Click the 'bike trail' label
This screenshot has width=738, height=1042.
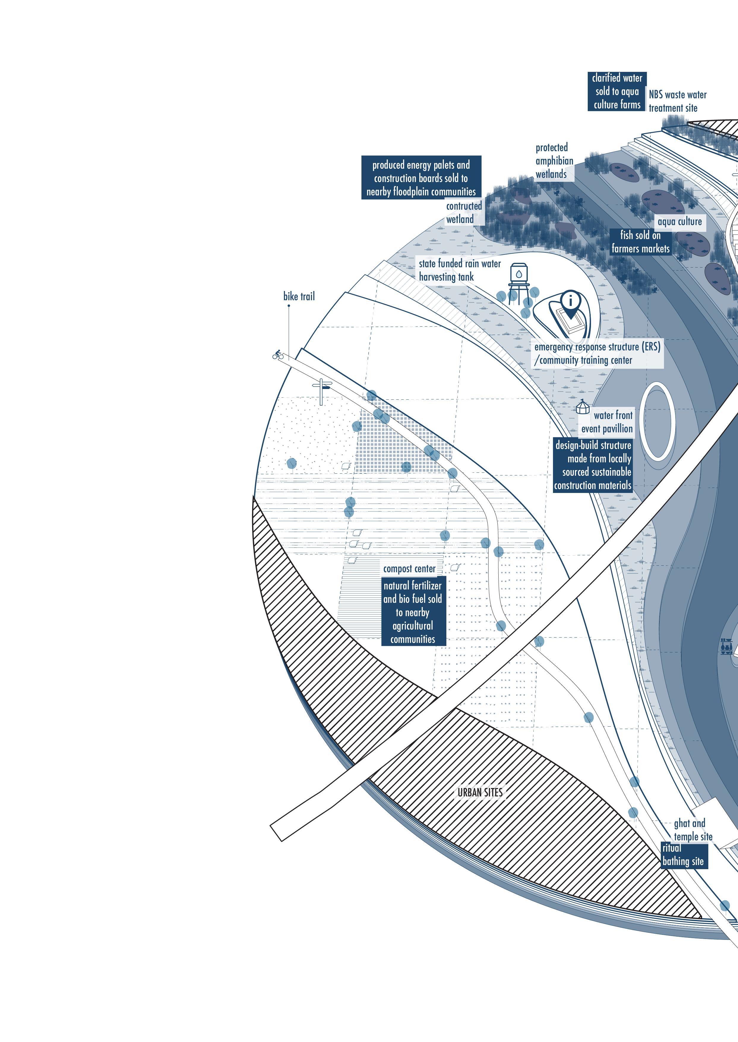click(x=298, y=297)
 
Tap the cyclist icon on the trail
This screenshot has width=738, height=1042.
click(x=278, y=355)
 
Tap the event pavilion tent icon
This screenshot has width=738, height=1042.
click(x=583, y=407)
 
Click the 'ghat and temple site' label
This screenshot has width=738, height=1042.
click(x=693, y=830)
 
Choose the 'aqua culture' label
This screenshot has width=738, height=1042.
click(x=679, y=222)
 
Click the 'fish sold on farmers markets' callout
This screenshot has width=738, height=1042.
click(x=640, y=242)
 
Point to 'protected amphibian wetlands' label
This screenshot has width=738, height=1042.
click(x=554, y=161)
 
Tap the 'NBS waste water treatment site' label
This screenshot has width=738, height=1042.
click(x=677, y=101)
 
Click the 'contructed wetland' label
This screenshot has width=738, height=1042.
click(x=464, y=213)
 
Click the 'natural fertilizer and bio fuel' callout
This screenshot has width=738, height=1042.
click(x=413, y=612)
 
